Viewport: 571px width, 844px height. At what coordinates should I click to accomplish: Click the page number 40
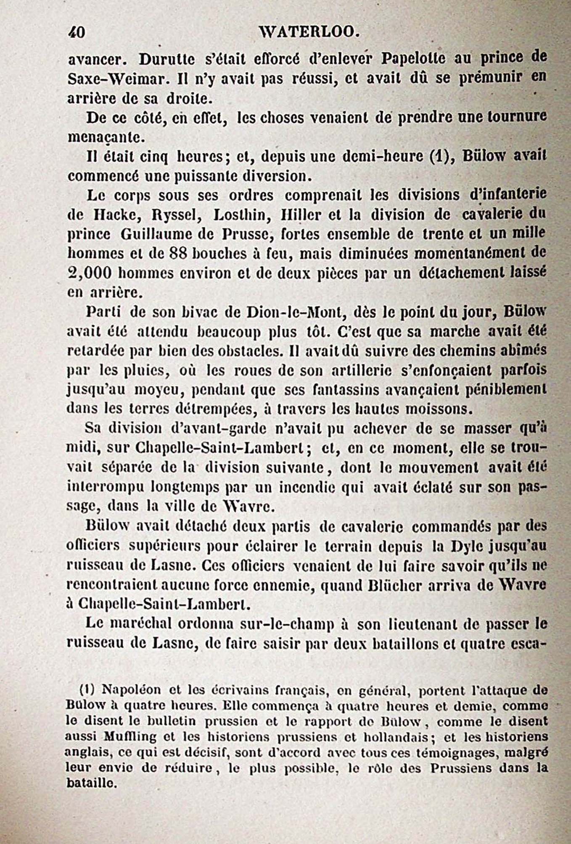[x=77, y=32]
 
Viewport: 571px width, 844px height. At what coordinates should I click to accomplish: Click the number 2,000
[x=89, y=273]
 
